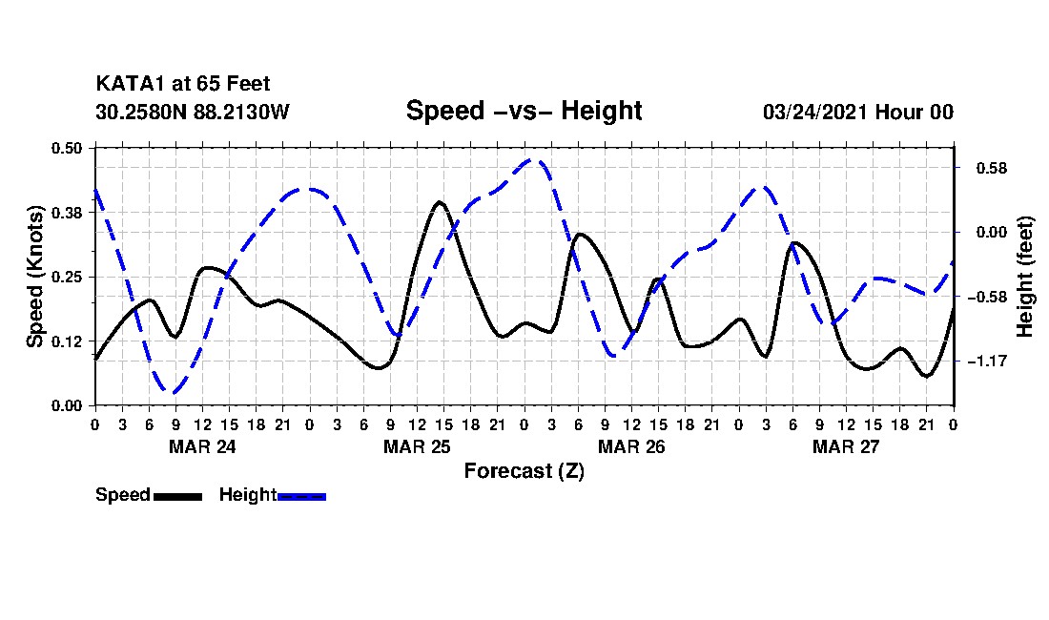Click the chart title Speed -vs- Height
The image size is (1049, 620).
[x=524, y=111]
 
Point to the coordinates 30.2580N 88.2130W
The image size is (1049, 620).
[x=193, y=112]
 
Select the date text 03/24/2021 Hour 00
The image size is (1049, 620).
[x=857, y=112]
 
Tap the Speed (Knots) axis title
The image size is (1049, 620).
[x=35, y=276]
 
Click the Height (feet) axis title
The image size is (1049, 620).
[x=1026, y=277]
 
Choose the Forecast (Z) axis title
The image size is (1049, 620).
[x=524, y=470]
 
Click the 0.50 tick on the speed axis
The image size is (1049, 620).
[x=68, y=148]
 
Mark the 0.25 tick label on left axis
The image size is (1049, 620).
[x=68, y=277]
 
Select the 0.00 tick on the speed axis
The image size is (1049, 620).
[x=68, y=405]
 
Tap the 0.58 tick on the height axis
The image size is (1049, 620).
[x=983, y=169]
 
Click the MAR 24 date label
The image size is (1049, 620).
[x=202, y=445]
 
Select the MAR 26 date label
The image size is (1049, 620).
[x=631, y=445]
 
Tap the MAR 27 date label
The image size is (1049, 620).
[x=846, y=445]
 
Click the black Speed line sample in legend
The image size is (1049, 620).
[x=177, y=496]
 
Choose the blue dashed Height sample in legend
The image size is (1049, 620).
[x=302, y=496]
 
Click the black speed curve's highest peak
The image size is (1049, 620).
[x=439, y=202]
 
